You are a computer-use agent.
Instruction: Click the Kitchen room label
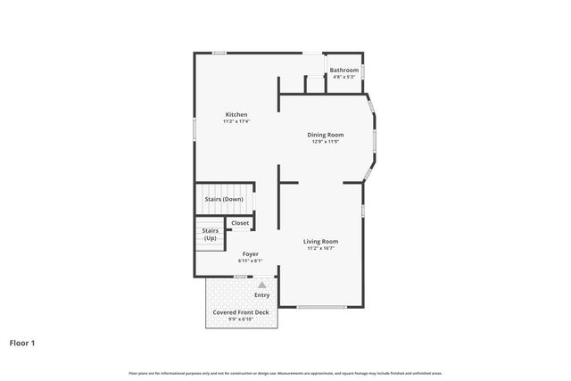click(236, 114)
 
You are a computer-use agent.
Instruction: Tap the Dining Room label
click(327, 135)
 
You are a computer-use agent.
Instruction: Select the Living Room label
click(320, 241)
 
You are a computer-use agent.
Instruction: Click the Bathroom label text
click(344, 70)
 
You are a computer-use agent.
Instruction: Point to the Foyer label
click(251, 253)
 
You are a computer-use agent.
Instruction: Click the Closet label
click(240, 223)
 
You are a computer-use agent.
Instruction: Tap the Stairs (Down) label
click(224, 199)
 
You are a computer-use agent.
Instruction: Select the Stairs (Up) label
click(210, 235)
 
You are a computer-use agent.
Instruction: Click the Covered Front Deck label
click(241, 312)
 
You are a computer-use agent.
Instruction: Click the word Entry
click(261, 294)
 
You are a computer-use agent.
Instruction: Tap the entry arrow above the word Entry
click(261, 285)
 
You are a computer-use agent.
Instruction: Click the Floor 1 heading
click(22, 342)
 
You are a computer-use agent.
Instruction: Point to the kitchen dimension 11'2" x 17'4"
click(236, 121)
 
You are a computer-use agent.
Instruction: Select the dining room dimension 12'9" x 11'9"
click(327, 142)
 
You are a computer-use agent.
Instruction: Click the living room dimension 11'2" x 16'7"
click(320, 249)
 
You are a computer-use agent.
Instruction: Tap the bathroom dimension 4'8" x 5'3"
click(344, 77)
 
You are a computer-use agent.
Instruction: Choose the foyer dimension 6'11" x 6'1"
click(251, 261)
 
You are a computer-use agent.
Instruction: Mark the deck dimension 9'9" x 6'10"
click(241, 319)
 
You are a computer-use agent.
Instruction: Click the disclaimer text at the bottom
click(285, 372)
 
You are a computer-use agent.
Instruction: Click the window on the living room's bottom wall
click(321, 308)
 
